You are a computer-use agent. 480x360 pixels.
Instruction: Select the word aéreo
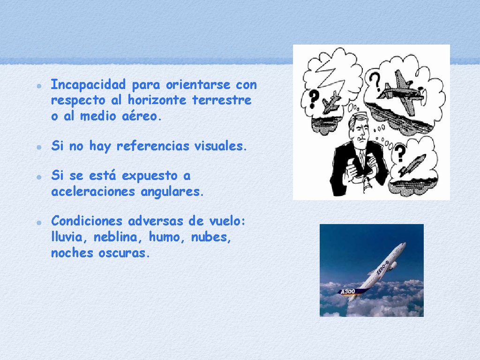(142, 117)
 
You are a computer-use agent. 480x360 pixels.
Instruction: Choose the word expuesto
(151, 176)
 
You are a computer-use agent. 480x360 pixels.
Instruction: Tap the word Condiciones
(88, 221)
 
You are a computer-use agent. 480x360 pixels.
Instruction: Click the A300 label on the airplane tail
(348, 292)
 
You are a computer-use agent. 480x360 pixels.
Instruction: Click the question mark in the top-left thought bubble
(314, 97)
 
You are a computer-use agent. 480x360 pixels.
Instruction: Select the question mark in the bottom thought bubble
(400, 153)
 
